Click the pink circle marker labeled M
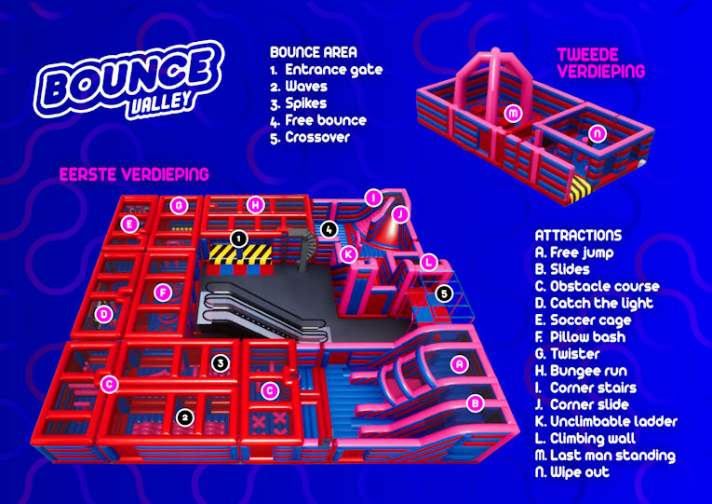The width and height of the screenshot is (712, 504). [513, 113]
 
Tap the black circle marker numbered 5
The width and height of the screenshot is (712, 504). [444, 293]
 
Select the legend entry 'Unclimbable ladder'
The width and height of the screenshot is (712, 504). [606, 421]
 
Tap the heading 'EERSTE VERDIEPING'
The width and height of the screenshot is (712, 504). [134, 174]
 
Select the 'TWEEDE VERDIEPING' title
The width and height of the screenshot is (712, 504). [600, 62]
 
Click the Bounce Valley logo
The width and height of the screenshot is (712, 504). [129, 80]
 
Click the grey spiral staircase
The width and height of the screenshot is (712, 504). [302, 245]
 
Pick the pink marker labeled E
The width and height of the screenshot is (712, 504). [130, 224]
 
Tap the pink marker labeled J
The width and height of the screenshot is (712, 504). [400, 213]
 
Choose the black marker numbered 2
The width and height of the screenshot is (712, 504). [184, 416]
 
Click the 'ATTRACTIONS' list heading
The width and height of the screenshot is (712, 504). [578, 236]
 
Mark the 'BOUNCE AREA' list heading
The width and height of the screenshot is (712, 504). [314, 52]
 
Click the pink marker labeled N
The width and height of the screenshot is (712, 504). [598, 133]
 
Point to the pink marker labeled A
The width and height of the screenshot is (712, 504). [460, 363]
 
